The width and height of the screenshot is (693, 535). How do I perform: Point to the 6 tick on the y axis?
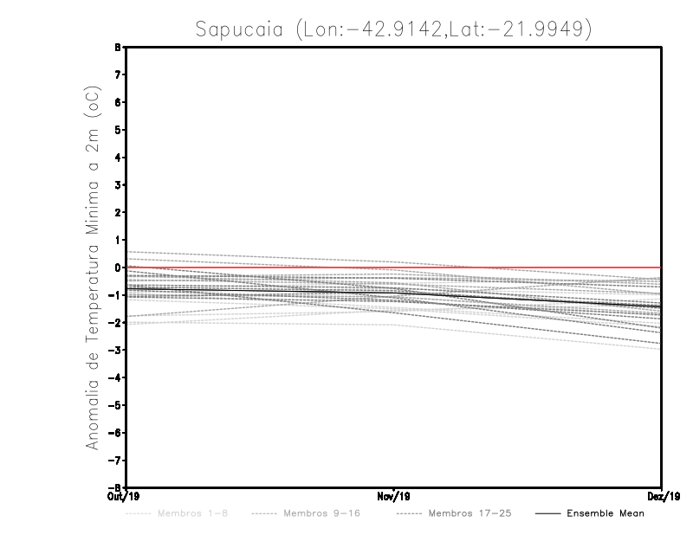(121, 102)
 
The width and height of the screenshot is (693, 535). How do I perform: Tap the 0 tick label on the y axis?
(121, 267)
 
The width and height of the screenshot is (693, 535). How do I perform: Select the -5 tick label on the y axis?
(119, 405)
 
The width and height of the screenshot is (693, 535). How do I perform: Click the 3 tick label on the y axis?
(121, 185)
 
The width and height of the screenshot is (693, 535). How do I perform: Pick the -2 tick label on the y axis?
(119, 323)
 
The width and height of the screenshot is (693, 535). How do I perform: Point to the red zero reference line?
(520, 267)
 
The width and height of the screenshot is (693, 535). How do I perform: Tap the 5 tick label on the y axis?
(121, 130)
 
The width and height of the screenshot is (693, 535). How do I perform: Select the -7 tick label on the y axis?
(119, 461)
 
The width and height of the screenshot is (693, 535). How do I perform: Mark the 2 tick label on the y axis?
(121, 213)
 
